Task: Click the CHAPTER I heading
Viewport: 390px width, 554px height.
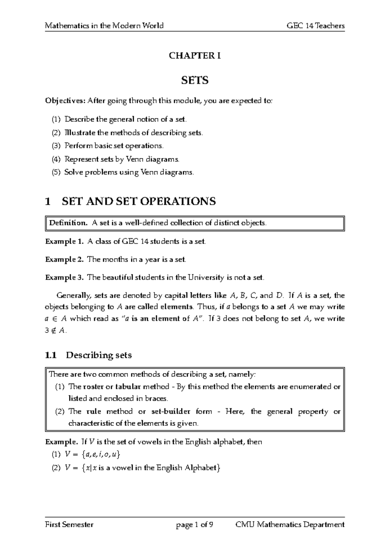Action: (195, 56)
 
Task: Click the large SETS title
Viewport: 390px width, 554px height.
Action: (195, 80)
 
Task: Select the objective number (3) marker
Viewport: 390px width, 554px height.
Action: (56, 146)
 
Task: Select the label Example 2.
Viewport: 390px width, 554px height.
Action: (65, 259)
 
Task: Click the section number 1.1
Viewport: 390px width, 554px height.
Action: (51, 355)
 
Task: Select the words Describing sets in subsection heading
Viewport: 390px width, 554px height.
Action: (99, 355)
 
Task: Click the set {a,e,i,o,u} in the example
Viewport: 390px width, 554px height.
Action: (101, 455)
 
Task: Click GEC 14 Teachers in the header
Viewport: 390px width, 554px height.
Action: (316, 26)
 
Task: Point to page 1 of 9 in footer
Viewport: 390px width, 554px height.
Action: (194, 524)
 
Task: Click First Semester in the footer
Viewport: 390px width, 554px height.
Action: (69, 524)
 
